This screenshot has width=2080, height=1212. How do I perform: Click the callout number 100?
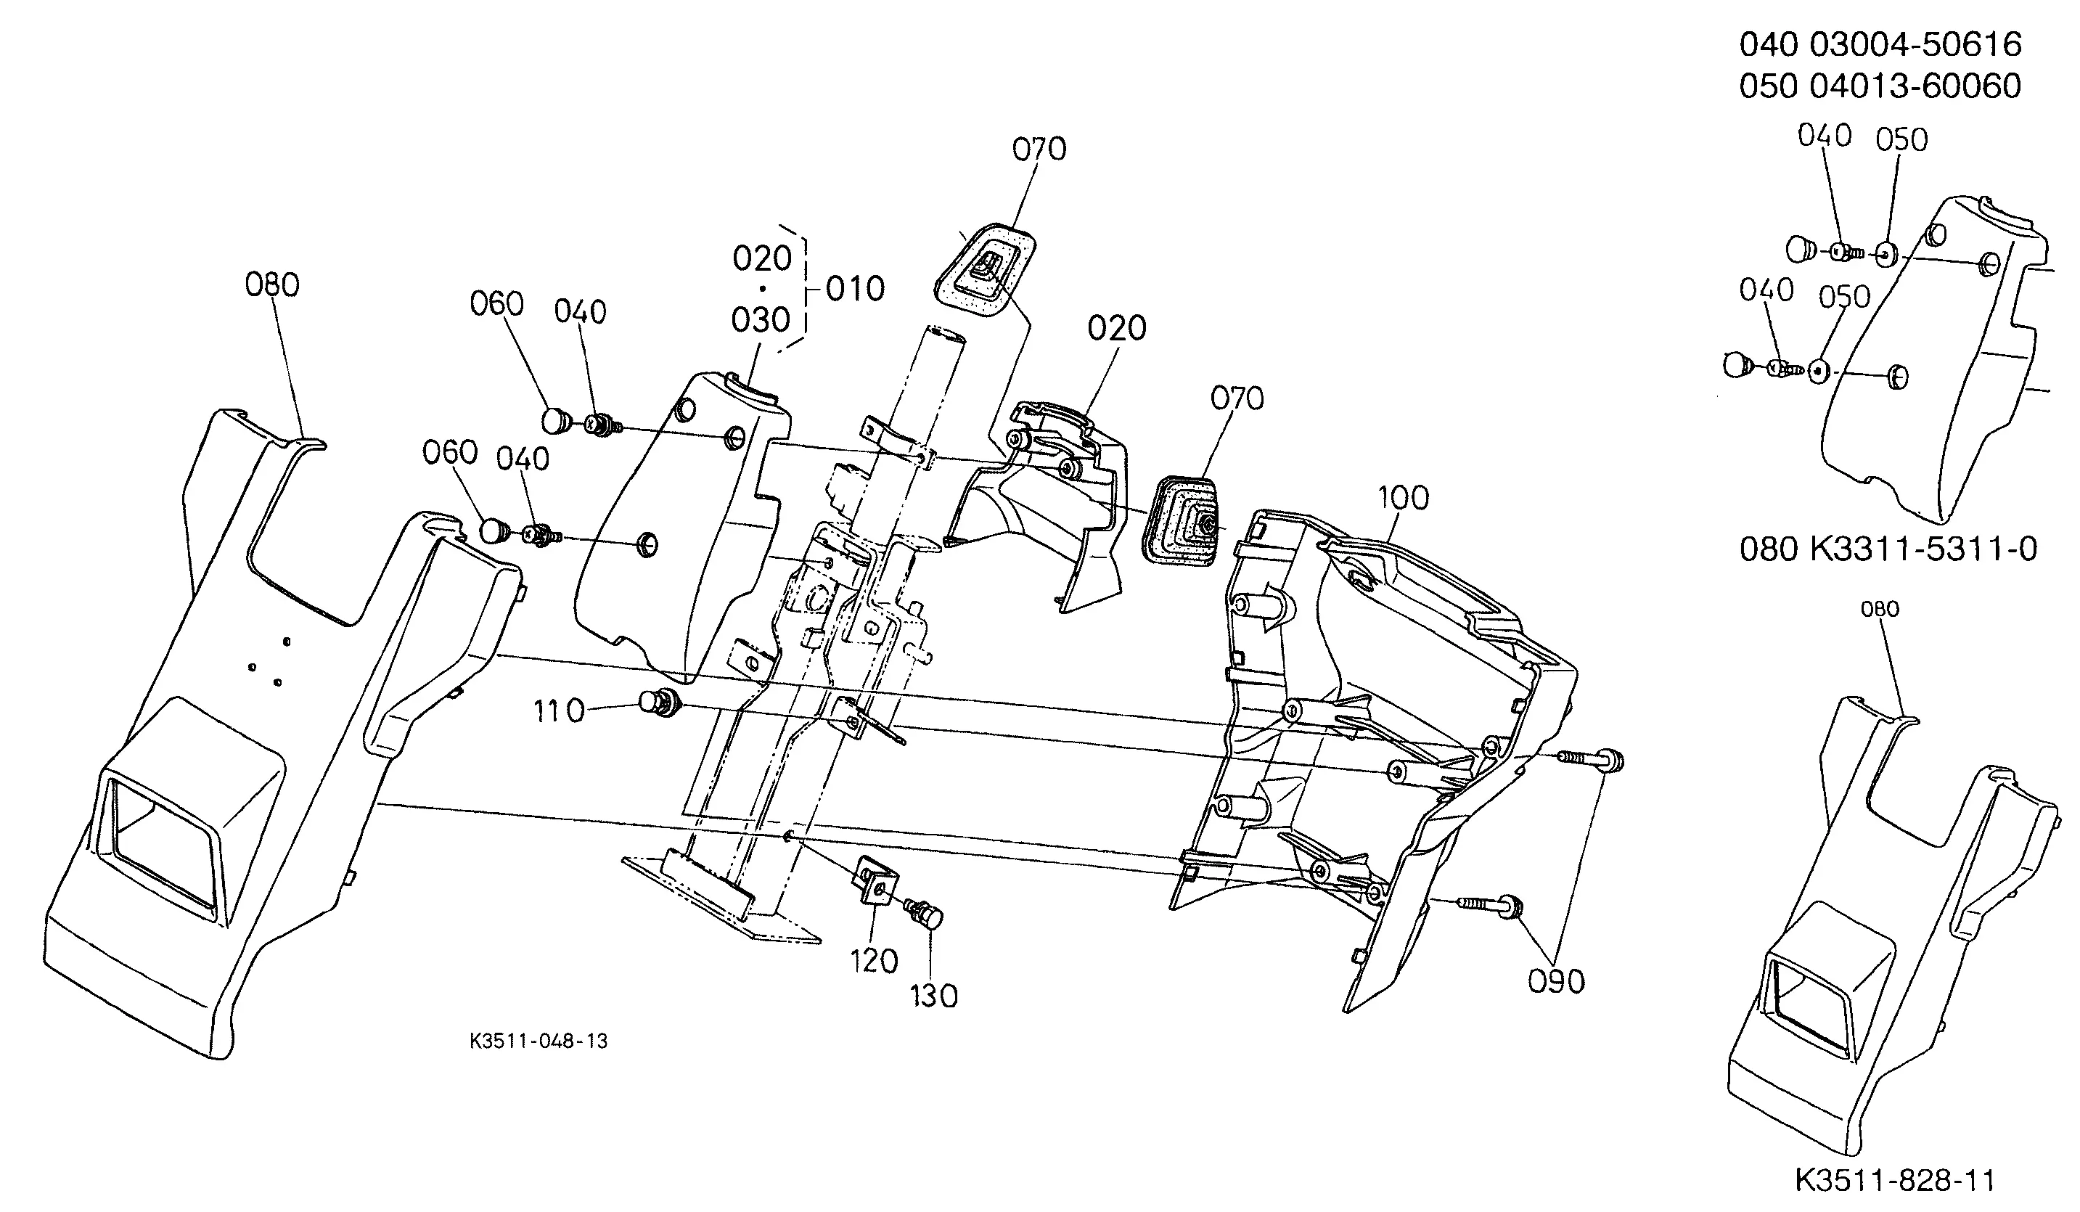[x=1403, y=498]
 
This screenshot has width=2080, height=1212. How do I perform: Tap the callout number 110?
[x=559, y=711]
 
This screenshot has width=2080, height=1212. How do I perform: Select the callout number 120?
[x=874, y=961]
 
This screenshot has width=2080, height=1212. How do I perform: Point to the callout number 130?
[x=934, y=996]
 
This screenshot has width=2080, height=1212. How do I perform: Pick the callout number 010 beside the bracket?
[x=855, y=289]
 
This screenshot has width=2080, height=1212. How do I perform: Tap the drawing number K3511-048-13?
[x=539, y=1041]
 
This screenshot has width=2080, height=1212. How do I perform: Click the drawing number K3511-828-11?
[x=1894, y=1181]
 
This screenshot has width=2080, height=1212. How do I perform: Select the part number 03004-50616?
[x=1916, y=44]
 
